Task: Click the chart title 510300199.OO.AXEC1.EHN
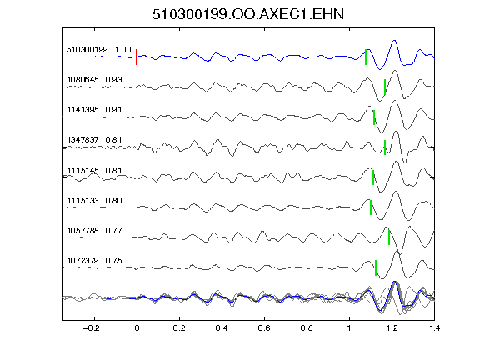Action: (x=248, y=14)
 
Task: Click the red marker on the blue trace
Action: (x=137, y=57)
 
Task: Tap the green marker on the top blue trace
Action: (x=366, y=57)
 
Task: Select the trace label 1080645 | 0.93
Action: (x=94, y=80)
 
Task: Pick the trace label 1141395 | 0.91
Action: (x=94, y=110)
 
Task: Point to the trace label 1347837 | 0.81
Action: (x=94, y=140)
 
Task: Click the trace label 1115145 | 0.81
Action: (x=94, y=170)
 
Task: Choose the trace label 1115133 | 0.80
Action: (x=94, y=200)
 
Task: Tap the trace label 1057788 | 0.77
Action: (x=94, y=230)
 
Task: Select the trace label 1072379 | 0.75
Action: (x=94, y=260)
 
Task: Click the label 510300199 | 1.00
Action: (x=98, y=50)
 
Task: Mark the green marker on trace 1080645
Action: (x=385, y=87)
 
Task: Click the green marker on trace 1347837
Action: (x=385, y=147)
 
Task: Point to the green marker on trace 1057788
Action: (x=389, y=237)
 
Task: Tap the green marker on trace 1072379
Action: (x=376, y=267)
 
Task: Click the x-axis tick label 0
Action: (x=137, y=328)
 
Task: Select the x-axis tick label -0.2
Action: (x=91, y=328)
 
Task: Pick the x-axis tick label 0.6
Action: (x=264, y=328)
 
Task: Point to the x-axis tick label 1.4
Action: (x=434, y=328)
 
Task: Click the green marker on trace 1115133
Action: (x=371, y=207)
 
